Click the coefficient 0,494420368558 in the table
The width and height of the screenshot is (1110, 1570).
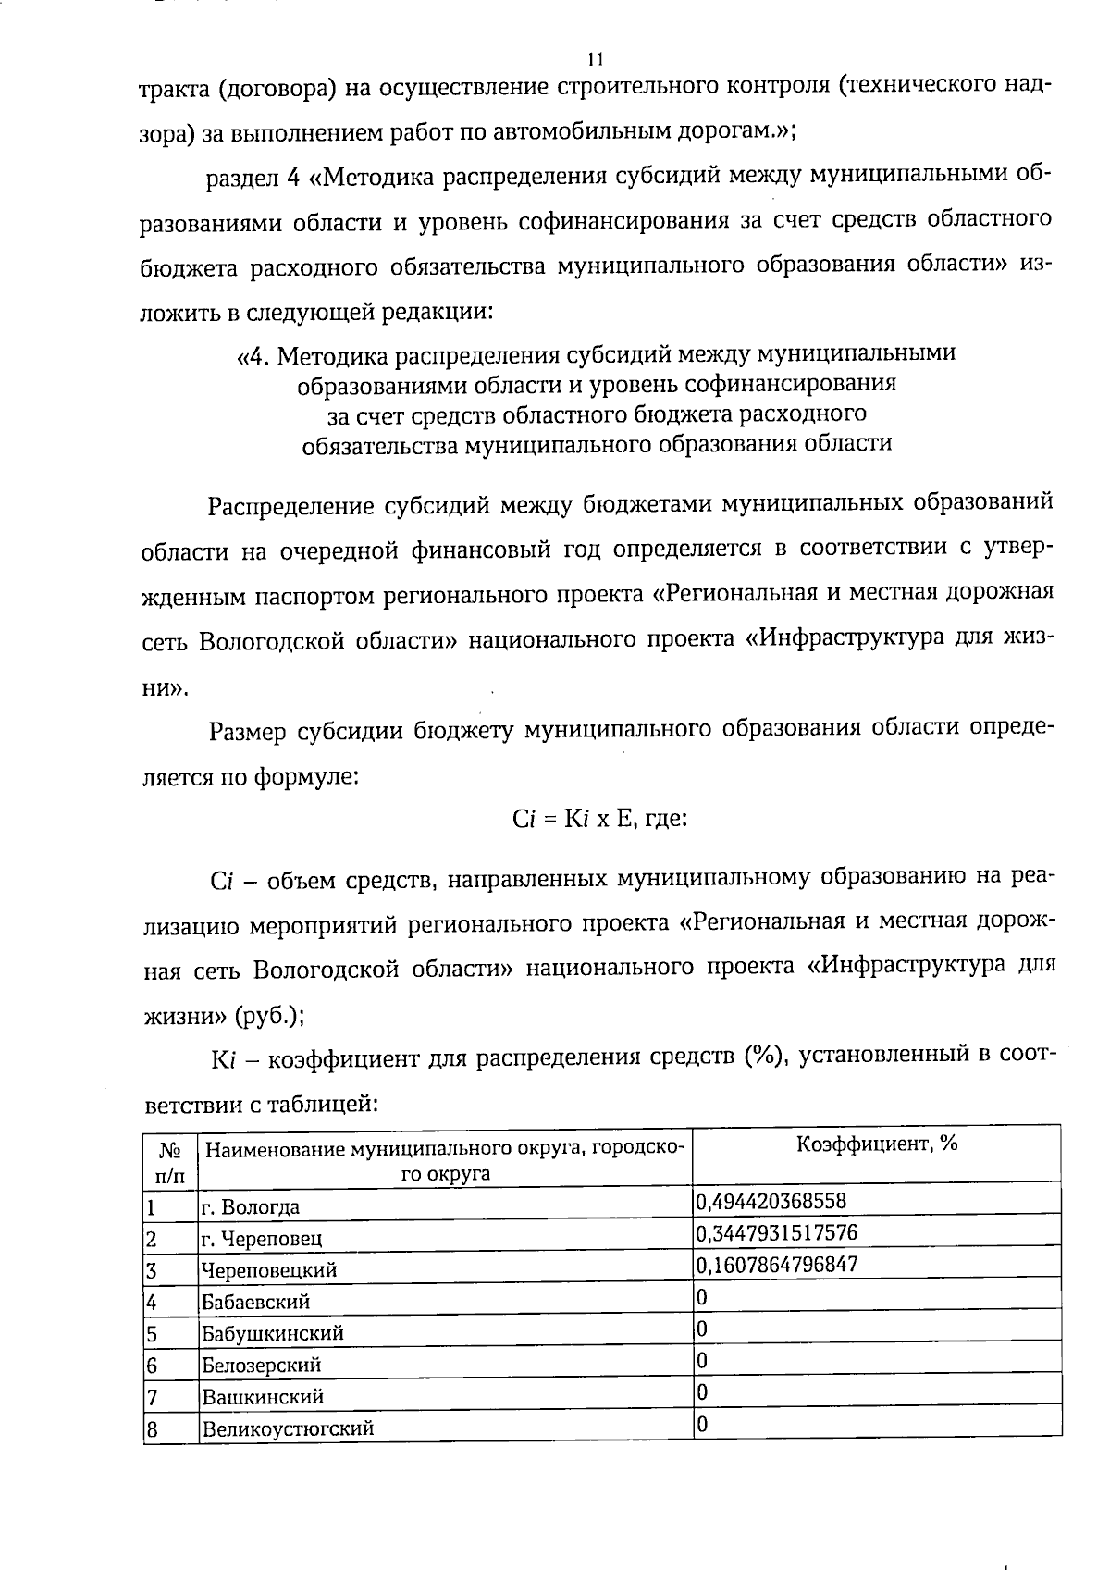pyautogui.click(x=770, y=1202)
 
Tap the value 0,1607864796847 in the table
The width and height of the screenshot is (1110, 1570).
pyautogui.click(x=776, y=1265)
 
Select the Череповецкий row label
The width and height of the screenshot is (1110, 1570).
pyautogui.click(x=269, y=1270)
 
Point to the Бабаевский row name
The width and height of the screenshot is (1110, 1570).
pyautogui.click(x=256, y=1302)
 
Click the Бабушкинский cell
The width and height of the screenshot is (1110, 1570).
pyautogui.click(x=273, y=1333)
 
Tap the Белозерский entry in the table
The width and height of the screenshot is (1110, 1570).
pyautogui.click(x=262, y=1365)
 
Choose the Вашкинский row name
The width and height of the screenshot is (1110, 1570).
pyautogui.click(x=263, y=1396)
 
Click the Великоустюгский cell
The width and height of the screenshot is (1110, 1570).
pyautogui.click(x=288, y=1428)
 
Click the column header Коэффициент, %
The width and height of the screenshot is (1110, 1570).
pyautogui.click(x=876, y=1144)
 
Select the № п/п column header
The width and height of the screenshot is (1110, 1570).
pyautogui.click(x=171, y=1162)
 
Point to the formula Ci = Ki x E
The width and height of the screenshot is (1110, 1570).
pyautogui.click(x=564, y=819)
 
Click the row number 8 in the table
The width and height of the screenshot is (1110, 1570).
pyautogui.click(x=153, y=1428)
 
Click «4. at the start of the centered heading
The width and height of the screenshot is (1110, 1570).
pyautogui.click(x=255, y=354)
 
